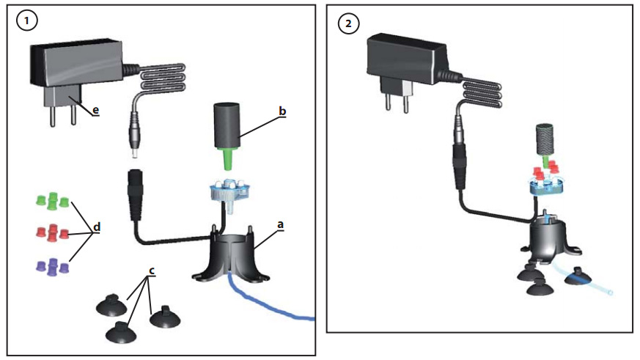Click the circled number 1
tap(28, 22)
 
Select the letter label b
tap(281, 112)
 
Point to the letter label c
tap(152, 271)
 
